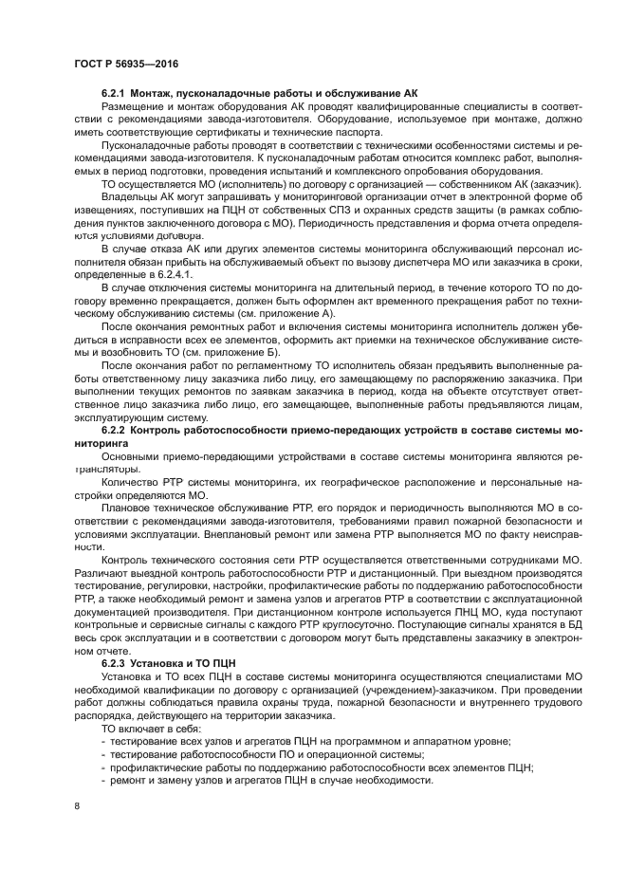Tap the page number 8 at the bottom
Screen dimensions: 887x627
77,805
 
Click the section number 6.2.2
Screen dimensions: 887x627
117,431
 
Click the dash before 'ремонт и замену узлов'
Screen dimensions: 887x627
104,780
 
